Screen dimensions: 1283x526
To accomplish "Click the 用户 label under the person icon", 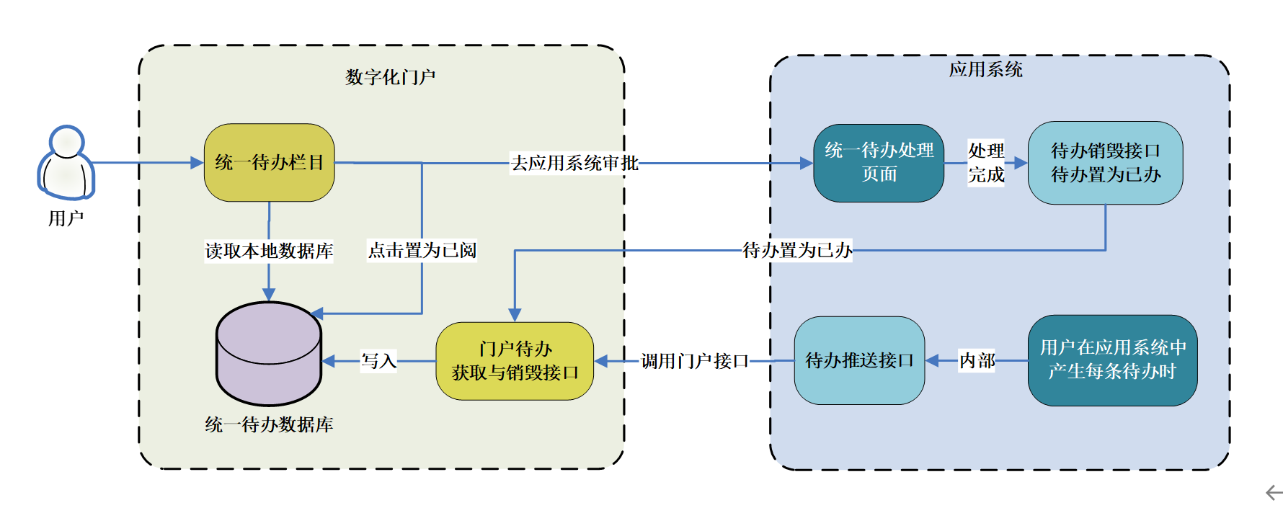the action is [66, 218].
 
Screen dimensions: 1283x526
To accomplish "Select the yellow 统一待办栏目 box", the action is [269, 163].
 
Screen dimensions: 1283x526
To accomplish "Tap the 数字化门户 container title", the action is [390, 77].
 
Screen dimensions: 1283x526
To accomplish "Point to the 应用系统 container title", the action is [985, 69].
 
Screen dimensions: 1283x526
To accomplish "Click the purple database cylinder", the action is [269, 354].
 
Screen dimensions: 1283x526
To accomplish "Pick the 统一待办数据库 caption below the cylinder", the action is [269, 424].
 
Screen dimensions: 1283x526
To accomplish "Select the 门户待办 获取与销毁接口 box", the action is [515, 361].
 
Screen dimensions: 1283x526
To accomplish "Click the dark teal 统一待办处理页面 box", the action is [879, 163].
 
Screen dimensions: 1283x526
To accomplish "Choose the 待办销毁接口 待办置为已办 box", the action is [1105, 163].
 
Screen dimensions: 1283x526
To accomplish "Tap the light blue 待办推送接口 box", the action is [859, 360].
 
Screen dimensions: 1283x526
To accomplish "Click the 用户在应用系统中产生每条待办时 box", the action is [1112, 360].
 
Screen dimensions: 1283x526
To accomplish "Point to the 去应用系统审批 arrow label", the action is [574, 163].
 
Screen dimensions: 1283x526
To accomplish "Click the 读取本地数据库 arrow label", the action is [269, 251].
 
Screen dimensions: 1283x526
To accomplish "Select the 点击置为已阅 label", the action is [422, 250].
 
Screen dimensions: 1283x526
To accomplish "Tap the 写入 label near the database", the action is [378, 360].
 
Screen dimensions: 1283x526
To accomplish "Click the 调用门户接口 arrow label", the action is [695, 360].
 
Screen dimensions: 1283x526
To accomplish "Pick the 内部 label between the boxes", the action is [977, 360].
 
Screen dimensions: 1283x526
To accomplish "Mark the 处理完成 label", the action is [986, 163].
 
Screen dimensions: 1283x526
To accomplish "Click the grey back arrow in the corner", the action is [1274, 493].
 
